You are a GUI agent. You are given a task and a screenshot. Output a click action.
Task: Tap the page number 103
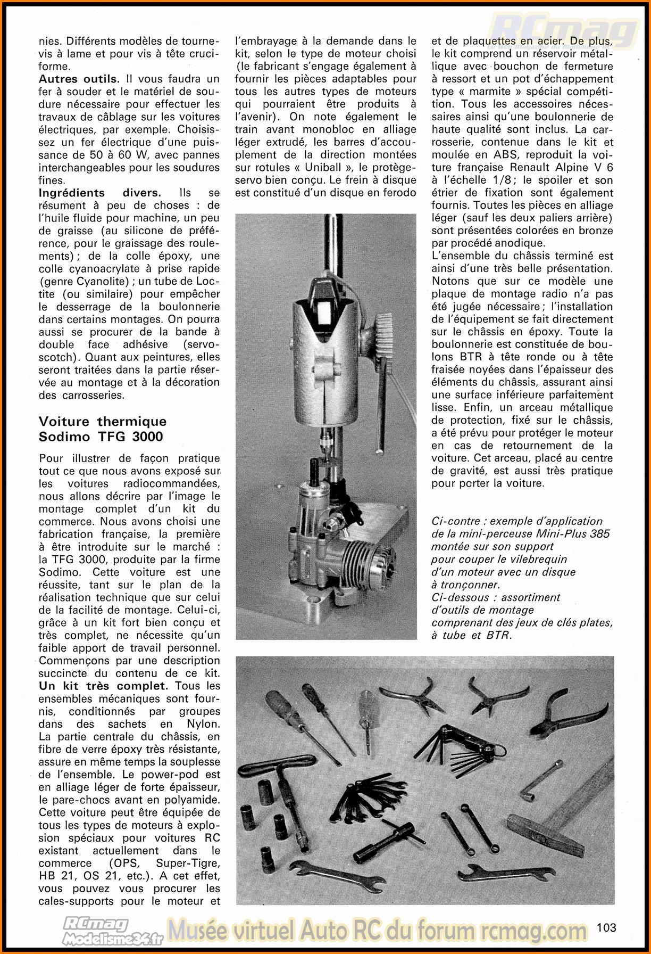(606, 927)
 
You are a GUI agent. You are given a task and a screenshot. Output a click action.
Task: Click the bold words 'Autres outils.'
(79, 79)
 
